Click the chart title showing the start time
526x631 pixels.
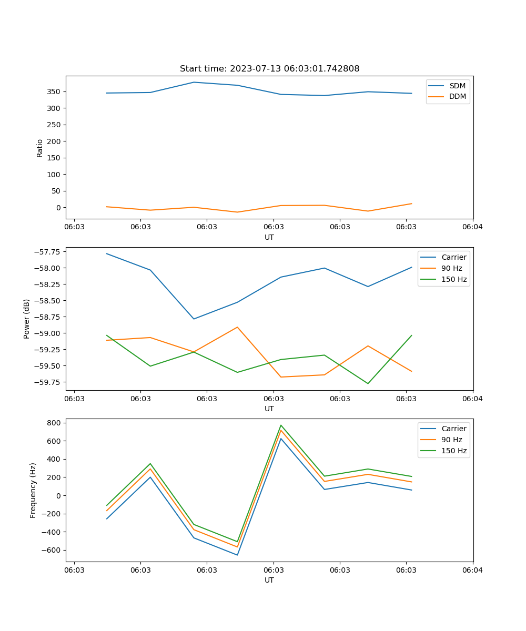pos(269,69)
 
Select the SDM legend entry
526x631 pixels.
pos(457,86)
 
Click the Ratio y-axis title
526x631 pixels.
pos(40,148)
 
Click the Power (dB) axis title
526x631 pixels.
pos(27,319)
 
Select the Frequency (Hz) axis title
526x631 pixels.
pos(33,490)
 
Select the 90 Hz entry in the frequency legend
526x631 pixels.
pos(451,440)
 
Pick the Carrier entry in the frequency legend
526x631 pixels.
pos(453,429)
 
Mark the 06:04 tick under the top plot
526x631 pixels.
pos(472,227)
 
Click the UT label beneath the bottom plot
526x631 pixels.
pos(269,581)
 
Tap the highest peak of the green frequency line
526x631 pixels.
pos(281,425)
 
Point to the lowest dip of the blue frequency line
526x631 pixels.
pos(237,555)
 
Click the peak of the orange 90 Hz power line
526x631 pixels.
pos(237,327)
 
